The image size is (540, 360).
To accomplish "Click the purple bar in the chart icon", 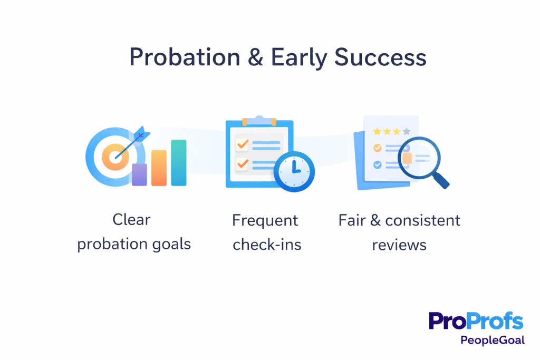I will coord(139,174).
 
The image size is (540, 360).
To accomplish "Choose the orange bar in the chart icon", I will coord(159,168).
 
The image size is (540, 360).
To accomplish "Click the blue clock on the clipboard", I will coord(294,172).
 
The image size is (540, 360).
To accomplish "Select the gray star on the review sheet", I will coord(406,131).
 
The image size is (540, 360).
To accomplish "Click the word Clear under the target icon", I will coord(131,220).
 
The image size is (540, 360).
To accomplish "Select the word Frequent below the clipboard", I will coord(265,220).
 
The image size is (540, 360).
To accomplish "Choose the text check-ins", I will coord(267,245).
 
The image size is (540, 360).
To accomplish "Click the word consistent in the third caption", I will coord(422,220).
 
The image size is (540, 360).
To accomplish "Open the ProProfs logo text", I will coord(476,322).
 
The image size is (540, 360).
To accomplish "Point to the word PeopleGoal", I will coord(493,340).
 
